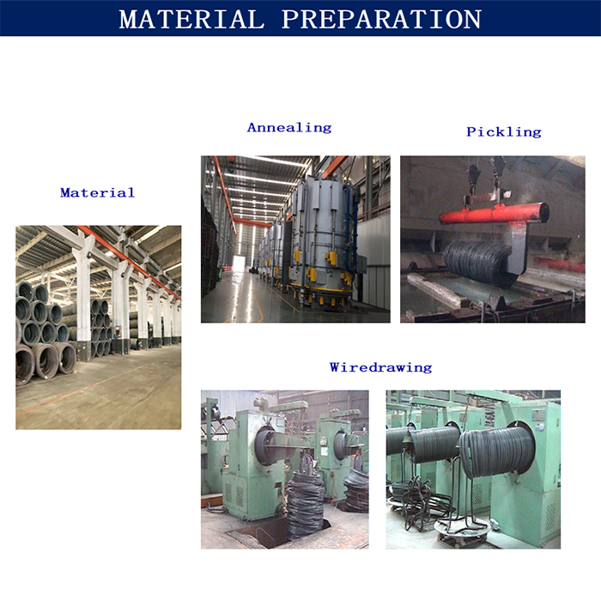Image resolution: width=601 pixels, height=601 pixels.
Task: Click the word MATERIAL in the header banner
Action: (191, 19)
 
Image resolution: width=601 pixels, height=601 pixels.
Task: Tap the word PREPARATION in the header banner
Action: (381, 19)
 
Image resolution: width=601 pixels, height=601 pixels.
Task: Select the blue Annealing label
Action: (289, 128)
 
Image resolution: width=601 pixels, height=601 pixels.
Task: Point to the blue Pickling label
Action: (504, 132)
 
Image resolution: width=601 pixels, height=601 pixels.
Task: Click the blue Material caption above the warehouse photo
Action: (97, 192)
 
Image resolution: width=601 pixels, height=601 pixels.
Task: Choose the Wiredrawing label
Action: (380, 367)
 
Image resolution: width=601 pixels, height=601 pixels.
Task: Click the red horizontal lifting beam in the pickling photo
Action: (494, 214)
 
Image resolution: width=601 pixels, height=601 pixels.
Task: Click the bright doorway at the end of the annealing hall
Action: (240, 263)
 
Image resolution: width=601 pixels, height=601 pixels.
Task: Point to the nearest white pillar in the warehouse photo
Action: (83, 299)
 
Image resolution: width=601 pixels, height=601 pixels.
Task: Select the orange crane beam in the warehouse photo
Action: (129, 261)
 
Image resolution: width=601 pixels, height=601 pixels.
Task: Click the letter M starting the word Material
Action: (66, 192)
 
